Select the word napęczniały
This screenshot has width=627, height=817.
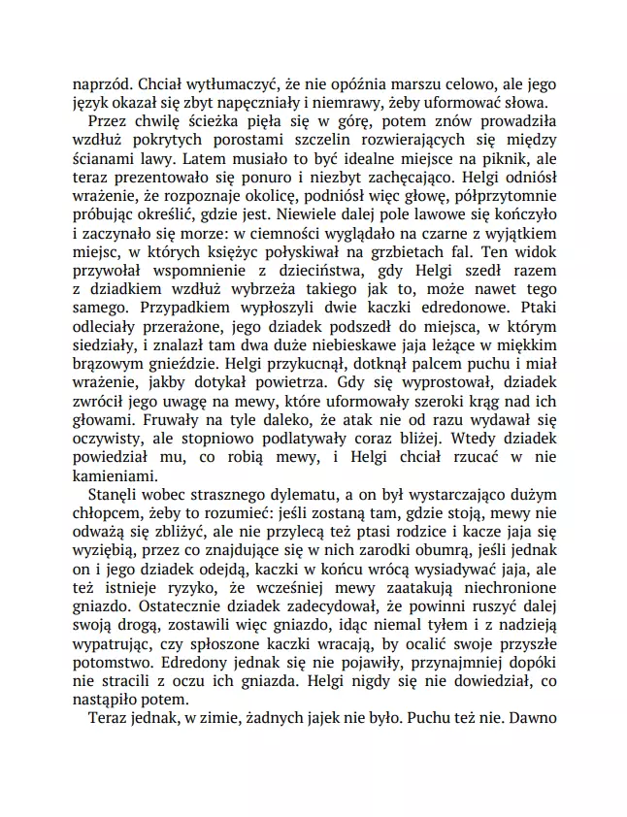pyautogui.click(x=262, y=104)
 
